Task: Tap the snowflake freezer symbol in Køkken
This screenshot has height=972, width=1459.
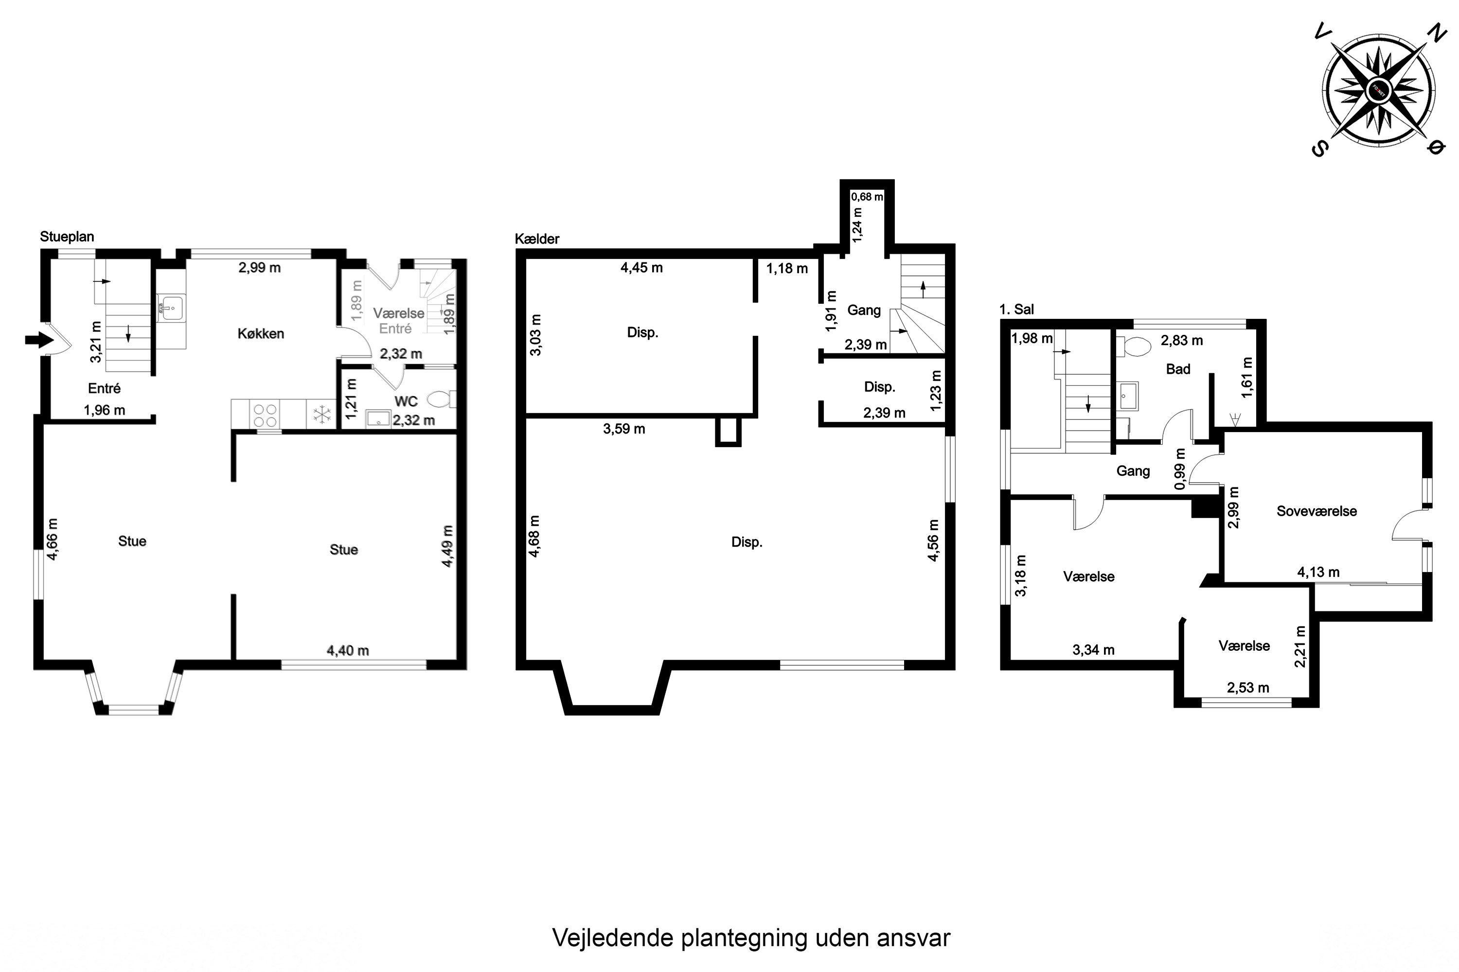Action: click(x=322, y=415)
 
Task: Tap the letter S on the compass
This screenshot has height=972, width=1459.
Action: click(x=1319, y=148)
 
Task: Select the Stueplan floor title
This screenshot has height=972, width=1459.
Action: click(x=67, y=236)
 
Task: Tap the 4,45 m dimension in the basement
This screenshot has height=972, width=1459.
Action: click(x=641, y=268)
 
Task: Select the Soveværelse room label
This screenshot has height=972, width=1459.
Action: click(x=1317, y=511)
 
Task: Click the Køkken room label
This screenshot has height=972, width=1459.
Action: click(x=261, y=333)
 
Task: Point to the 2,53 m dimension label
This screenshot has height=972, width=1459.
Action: click(x=1247, y=688)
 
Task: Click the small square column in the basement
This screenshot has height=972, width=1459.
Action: click(x=728, y=432)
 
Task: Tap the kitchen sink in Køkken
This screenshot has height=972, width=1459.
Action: click(x=171, y=307)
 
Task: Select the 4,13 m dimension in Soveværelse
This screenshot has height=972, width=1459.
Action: click(x=1318, y=572)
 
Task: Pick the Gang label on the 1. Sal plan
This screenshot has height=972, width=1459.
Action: click(x=1133, y=470)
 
